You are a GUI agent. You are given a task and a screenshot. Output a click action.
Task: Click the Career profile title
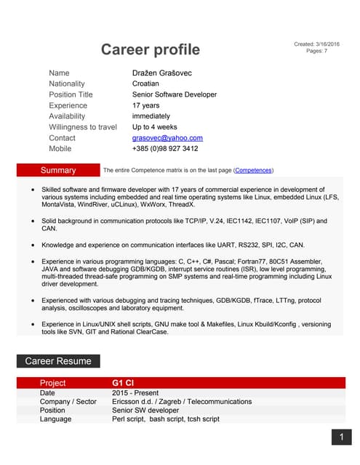[150, 49]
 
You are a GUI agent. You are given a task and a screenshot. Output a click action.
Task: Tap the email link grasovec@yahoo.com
[167, 137]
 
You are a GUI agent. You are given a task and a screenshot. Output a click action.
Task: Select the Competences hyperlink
[254, 170]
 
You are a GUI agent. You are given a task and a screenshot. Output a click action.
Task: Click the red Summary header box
[58, 170]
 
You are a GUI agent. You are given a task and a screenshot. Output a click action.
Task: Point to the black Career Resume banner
[58, 360]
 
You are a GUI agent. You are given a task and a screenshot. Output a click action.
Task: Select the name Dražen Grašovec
[162, 73]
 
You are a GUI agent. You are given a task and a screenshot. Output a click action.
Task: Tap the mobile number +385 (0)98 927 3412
[165, 148]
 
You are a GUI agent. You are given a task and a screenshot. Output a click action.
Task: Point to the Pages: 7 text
[317, 52]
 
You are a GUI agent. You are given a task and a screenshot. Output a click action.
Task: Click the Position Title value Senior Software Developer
[175, 94]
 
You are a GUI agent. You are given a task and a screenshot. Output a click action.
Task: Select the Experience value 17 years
[146, 105]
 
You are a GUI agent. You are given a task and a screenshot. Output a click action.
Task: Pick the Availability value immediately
[151, 116]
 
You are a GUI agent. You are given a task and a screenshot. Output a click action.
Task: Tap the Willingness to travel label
[83, 126]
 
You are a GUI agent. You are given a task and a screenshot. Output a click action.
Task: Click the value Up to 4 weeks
[154, 126]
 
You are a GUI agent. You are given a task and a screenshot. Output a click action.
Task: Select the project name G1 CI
[123, 383]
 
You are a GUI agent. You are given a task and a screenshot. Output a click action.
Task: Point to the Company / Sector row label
[68, 402]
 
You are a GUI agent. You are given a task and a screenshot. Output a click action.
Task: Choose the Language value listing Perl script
[166, 419]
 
